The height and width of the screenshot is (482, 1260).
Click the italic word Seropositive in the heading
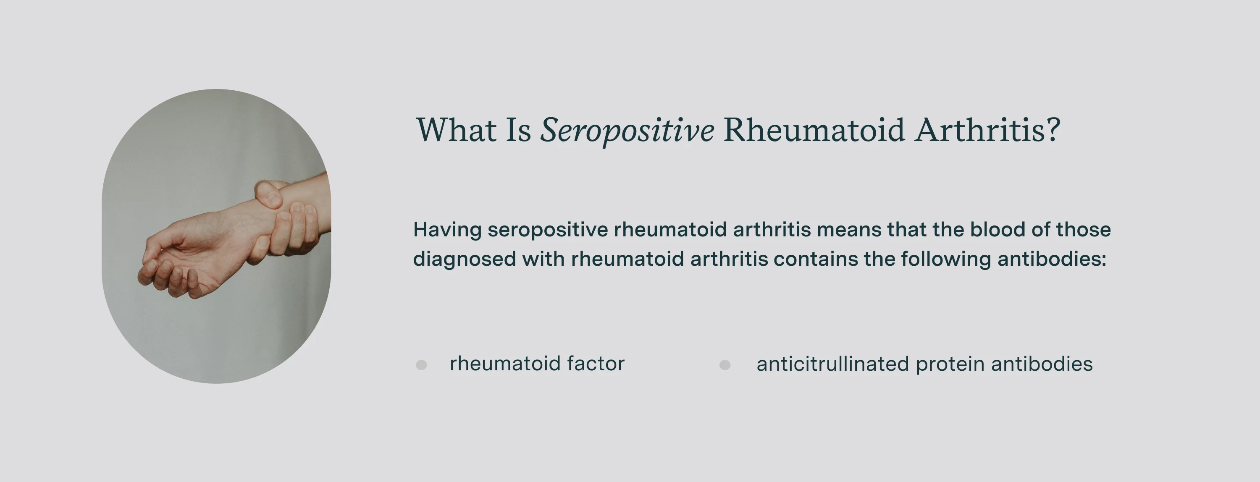point(627,131)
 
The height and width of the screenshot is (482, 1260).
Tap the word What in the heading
point(456,131)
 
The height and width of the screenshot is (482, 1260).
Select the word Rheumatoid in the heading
point(814,131)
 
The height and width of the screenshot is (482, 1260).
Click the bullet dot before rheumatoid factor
point(421,365)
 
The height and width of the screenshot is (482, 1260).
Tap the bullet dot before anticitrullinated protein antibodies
point(725,365)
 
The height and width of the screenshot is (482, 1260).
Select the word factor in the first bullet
point(595,364)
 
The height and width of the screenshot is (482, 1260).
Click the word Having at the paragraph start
point(447,230)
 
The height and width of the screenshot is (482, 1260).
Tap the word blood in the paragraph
point(997,229)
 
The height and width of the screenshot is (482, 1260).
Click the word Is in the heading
point(518,131)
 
